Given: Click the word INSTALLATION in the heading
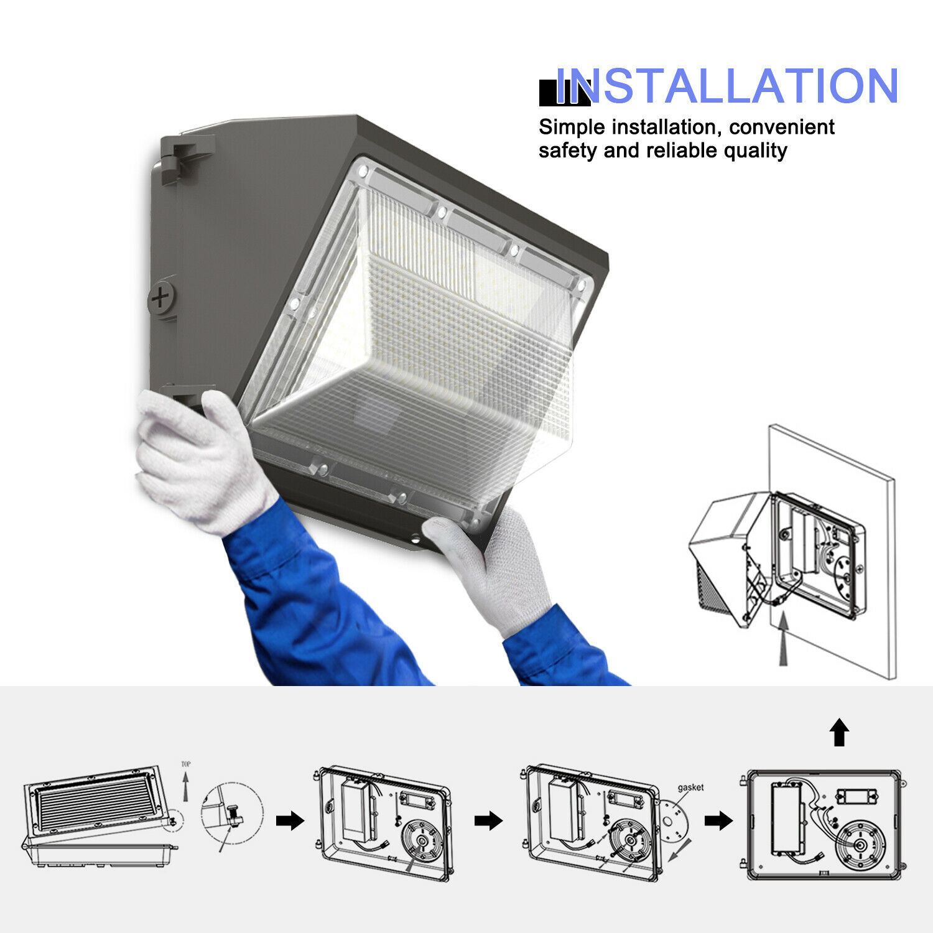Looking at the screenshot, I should tap(726, 86).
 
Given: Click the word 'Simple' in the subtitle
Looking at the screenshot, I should tap(572, 128).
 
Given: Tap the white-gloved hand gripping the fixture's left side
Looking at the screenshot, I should tap(199, 460).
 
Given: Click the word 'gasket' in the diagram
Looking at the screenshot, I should tap(690, 787).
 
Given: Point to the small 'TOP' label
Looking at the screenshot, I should tap(185, 764).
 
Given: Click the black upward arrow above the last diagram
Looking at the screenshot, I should tap(840, 732).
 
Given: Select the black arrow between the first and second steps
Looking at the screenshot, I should tap(289, 821).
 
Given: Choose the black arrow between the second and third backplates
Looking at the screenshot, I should tap(488, 821).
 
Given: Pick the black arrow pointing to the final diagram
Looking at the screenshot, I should tap(718, 821).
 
